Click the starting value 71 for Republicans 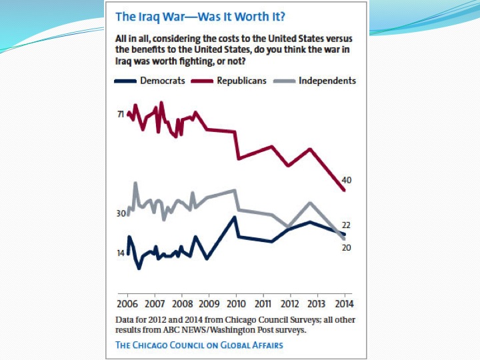(x=121, y=115)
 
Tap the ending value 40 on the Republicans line (x=347, y=180)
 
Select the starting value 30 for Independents (x=121, y=213)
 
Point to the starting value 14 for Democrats (x=121, y=253)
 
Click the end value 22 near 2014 (x=347, y=225)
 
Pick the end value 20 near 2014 (x=347, y=248)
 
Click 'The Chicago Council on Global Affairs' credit (x=199, y=345)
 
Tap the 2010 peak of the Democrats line (x=235, y=217)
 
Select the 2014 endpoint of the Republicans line (x=344, y=191)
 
